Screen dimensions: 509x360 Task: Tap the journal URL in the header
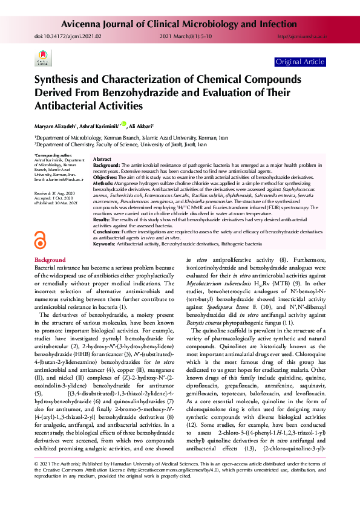(301, 36)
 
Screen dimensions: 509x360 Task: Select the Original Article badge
(299, 62)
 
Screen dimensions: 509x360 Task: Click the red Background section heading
(50, 259)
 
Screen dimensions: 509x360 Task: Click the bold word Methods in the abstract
(104, 181)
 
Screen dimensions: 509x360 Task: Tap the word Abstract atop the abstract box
(102, 159)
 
